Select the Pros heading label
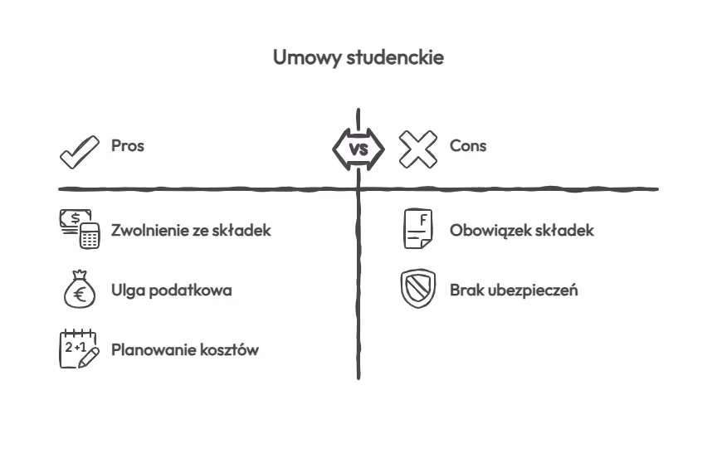(x=128, y=146)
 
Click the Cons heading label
(x=468, y=146)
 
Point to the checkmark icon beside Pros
(x=80, y=152)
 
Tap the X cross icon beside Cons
(x=418, y=149)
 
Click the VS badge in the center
(x=358, y=149)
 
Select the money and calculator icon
(x=80, y=229)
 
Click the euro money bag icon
(x=80, y=289)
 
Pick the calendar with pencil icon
(x=80, y=349)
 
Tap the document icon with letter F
(x=418, y=229)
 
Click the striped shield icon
(x=418, y=289)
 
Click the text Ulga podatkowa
(x=172, y=290)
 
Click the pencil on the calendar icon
(x=89, y=358)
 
